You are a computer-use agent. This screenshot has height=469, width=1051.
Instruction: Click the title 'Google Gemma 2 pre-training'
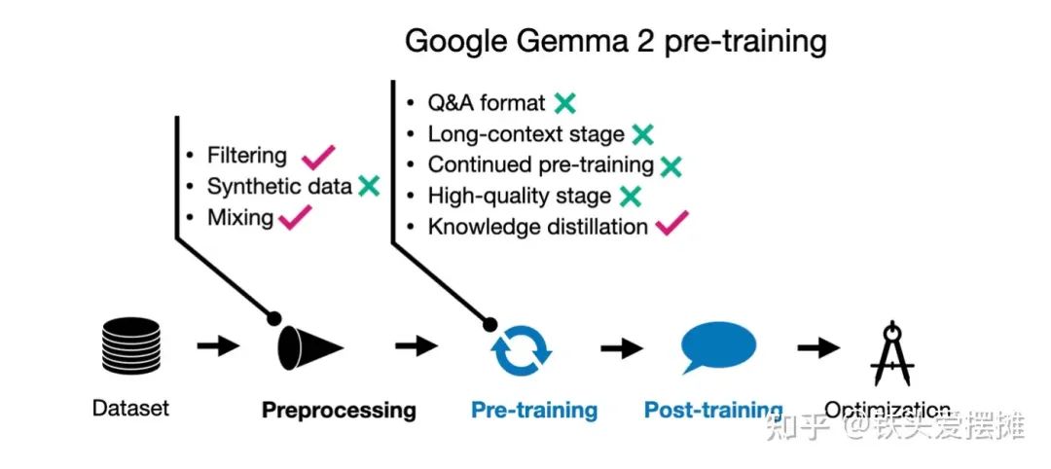pos(615,41)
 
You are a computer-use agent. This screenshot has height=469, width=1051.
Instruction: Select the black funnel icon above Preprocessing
pos(310,345)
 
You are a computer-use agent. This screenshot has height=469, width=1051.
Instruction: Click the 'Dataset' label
pos(130,408)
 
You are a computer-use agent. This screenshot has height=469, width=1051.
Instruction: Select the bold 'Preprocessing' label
pos(339,410)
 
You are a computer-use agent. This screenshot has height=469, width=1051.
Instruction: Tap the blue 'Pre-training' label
pos(534,410)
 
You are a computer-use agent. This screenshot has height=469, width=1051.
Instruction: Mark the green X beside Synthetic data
pos(368,186)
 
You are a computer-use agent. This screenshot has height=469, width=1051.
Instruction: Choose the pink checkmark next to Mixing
pos(295,217)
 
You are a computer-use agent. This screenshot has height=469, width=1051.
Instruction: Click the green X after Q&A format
pos(564,102)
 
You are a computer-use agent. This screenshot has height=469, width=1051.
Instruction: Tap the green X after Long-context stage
pos(641,133)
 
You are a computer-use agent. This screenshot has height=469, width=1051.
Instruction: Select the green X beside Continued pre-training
pos(670,164)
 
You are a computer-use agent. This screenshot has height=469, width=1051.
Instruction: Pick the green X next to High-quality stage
pos(630,196)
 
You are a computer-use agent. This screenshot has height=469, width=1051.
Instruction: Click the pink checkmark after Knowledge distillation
pos(671,225)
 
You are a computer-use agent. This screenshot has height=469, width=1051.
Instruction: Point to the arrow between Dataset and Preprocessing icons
pos(217,345)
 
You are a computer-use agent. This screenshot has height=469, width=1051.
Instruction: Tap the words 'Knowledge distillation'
pos(538,227)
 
